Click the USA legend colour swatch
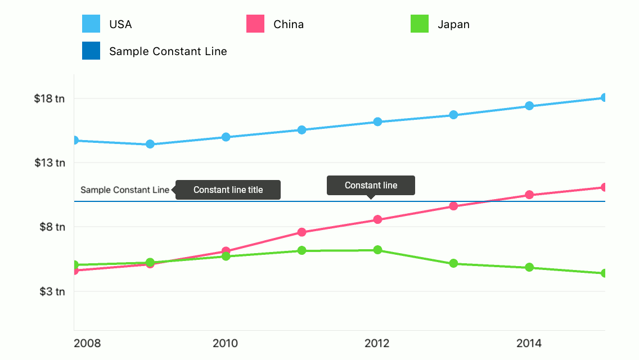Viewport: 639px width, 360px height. [91, 24]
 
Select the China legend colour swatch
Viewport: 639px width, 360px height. [255, 24]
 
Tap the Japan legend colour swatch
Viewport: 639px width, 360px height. [420, 24]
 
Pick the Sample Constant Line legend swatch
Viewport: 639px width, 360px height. [91, 51]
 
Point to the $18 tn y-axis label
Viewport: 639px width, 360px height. [49, 98]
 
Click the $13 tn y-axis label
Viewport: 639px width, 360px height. [49, 163]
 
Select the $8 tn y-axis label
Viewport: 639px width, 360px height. [52, 227]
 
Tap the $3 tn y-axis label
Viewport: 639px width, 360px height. [52, 291]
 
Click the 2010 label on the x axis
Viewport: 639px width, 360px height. [226, 343]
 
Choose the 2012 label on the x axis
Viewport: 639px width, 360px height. [377, 343]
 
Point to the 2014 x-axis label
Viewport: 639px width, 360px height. [529, 343]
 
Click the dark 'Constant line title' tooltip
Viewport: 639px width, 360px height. [228, 190]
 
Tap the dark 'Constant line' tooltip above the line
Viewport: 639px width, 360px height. [371, 185]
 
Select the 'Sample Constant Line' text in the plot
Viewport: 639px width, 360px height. [125, 190]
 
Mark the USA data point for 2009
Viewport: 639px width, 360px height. [150, 144]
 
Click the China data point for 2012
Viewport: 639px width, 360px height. [377, 219]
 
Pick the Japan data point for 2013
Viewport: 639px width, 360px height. [453, 263]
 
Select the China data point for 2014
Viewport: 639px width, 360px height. [529, 195]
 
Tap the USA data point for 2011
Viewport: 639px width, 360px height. [301, 130]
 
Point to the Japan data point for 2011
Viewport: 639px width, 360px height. [301, 250]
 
